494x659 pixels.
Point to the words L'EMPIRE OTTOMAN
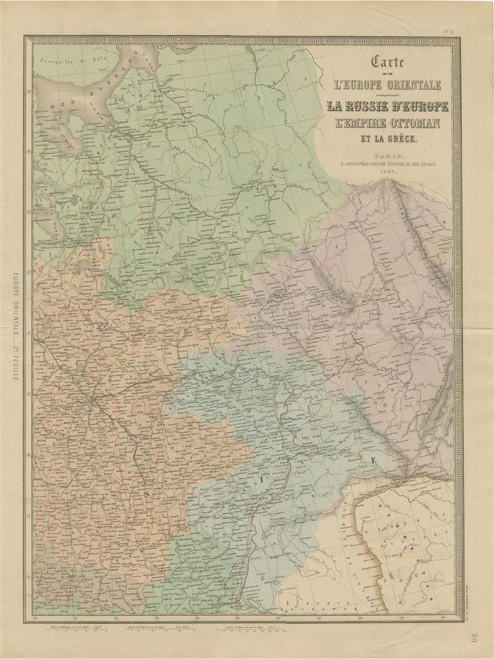(383, 124)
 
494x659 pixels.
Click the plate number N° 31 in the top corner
(448, 30)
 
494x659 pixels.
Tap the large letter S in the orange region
(146, 494)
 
